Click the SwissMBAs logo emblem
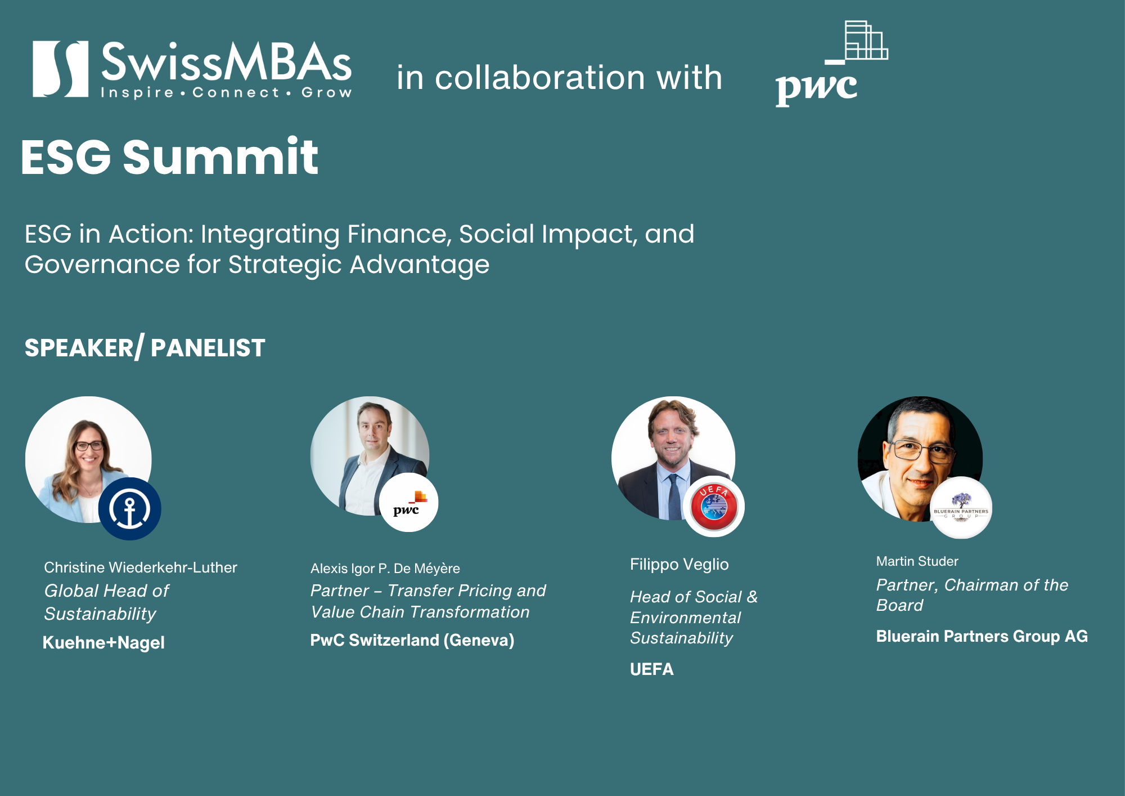tap(60, 69)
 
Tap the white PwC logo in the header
tap(831, 64)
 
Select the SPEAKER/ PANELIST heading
tap(145, 347)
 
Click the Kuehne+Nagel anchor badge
tap(130, 509)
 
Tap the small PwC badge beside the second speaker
tap(409, 503)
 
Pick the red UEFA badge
tap(714, 507)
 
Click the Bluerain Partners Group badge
tap(961, 508)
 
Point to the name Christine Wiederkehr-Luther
tap(141, 567)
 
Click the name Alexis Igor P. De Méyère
tap(385, 569)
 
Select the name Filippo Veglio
tap(679, 564)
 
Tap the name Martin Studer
tap(917, 561)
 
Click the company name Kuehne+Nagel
tap(103, 642)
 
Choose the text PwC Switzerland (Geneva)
tap(412, 640)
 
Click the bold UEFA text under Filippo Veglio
tap(651, 669)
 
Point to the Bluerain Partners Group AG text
tap(982, 636)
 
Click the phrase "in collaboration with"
tap(559, 77)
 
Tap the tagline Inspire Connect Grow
tap(226, 92)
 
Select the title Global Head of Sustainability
tap(106, 602)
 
